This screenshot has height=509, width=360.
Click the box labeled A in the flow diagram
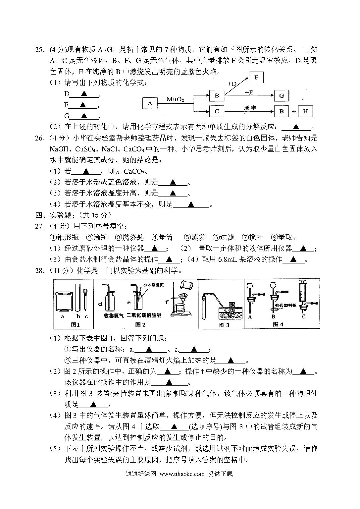coord(150,103)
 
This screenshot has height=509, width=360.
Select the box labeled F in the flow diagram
coord(256,78)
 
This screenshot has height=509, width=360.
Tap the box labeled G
coord(282,95)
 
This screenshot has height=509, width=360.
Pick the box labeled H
coord(305,111)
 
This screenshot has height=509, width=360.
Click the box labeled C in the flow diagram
coord(217,111)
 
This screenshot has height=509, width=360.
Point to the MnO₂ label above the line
coord(175,99)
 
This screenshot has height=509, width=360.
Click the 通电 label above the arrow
coord(250,108)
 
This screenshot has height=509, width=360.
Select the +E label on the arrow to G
coord(249,92)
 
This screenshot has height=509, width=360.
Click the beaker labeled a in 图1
coord(64,302)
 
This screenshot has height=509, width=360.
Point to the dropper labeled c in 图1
coord(85,299)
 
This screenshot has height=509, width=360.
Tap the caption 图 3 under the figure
coord(224,325)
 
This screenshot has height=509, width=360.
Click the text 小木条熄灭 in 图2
coord(153,285)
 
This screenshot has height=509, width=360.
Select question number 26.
coord(40,138)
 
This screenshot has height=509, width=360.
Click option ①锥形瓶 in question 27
coord(64,238)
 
